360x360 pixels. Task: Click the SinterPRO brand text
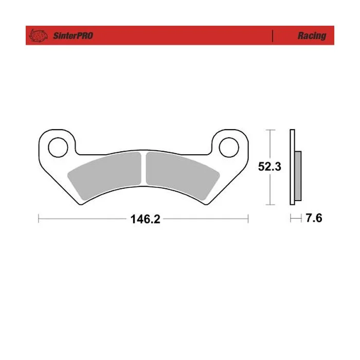(x=73, y=36)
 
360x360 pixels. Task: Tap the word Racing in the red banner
(x=312, y=36)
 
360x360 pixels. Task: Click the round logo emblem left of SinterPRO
(x=38, y=35)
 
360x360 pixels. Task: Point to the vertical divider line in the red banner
(x=273, y=36)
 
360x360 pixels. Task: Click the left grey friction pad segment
(x=105, y=174)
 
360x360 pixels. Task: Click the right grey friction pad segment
(x=183, y=174)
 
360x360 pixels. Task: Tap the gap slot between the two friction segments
(x=143, y=168)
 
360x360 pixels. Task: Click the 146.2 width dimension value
(x=146, y=219)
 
